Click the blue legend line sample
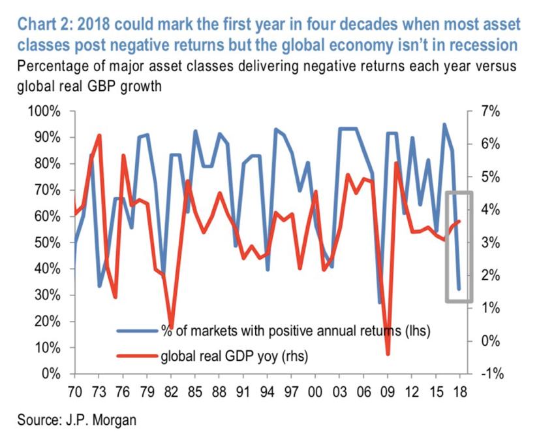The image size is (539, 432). tap(137, 331)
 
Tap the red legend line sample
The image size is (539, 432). tap(137, 356)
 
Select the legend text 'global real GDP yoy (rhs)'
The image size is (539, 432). tap(234, 356)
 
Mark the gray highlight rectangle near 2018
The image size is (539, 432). tap(458, 246)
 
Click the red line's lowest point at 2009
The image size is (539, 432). tap(387, 354)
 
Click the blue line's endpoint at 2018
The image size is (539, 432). tap(459, 288)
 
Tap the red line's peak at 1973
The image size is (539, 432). tap(99, 135)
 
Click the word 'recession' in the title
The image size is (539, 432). tap(481, 46)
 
